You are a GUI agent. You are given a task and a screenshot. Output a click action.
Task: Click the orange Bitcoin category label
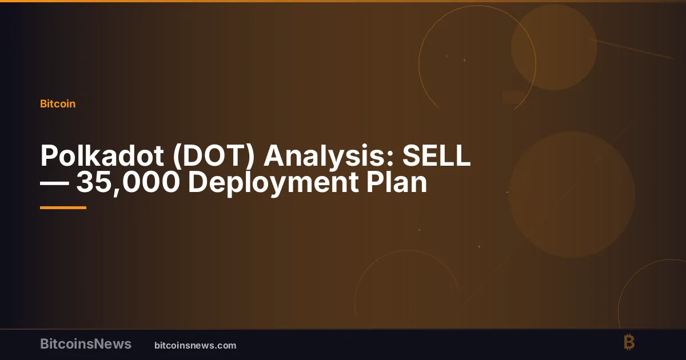(x=58, y=104)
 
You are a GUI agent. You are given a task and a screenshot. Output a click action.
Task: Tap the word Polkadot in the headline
(x=102, y=155)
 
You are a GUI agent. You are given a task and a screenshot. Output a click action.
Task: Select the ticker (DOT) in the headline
(x=213, y=156)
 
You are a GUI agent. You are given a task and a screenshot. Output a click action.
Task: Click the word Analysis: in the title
(x=329, y=157)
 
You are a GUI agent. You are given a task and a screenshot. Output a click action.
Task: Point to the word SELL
(x=436, y=155)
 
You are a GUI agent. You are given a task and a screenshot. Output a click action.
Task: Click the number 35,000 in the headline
(x=127, y=183)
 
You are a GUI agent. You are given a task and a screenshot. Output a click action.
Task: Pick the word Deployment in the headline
(x=273, y=183)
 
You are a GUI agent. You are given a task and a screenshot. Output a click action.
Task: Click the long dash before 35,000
(x=54, y=183)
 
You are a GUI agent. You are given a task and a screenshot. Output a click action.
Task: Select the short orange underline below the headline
(x=63, y=208)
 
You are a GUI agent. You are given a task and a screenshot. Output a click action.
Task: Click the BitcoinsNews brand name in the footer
(x=86, y=344)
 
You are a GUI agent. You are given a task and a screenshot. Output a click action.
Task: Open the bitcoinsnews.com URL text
(x=196, y=345)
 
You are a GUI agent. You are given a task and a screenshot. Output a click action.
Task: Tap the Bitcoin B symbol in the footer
(x=629, y=342)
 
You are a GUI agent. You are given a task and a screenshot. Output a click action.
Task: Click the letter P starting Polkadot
(x=49, y=155)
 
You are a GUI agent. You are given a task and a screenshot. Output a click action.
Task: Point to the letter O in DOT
(x=217, y=155)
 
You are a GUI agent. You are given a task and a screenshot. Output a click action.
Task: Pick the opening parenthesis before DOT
(x=177, y=157)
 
